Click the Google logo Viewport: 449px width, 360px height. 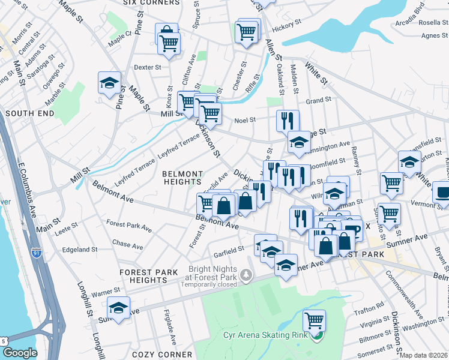click(x=20, y=353)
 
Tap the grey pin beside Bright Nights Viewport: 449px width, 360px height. click(x=246, y=275)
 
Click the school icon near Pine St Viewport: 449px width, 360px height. click(x=110, y=83)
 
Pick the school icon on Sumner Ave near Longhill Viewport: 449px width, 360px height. click(x=119, y=308)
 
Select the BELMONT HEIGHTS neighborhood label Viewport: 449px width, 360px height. click(x=182, y=177)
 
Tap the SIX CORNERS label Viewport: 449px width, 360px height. click(x=151, y=2)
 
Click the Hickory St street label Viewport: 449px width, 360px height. click(x=286, y=27)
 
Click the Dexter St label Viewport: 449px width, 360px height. click(x=148, y=67)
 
